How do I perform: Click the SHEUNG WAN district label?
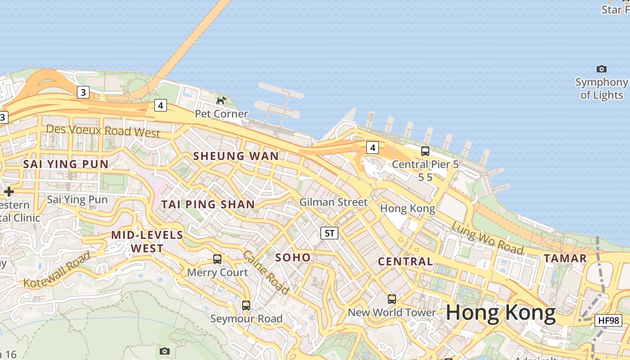coord(236,156)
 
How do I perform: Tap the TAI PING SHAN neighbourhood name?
coord(208,204)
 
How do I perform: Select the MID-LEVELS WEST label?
coord(147,242)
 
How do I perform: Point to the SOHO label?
coord(293,257)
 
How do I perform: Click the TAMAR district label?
coord(565,258)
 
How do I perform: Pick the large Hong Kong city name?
coord(501,312)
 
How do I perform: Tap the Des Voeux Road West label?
coord(103,131)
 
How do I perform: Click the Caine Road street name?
coord(266,273)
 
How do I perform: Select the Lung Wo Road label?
coord(487,238)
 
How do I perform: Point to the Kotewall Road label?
coord(57,270)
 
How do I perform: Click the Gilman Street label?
coord(333,202)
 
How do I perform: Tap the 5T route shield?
coord(329,233)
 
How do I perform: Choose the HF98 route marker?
coord(608,320)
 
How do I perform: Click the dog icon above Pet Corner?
coord(221,100)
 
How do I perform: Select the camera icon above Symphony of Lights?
coord(601,69)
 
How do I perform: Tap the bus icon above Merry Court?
coord(217,259)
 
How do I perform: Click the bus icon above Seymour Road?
coord(246,305)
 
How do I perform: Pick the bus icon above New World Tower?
coord(392,299)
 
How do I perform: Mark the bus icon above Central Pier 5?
coord(425,151)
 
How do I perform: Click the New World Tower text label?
coord(392,312)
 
